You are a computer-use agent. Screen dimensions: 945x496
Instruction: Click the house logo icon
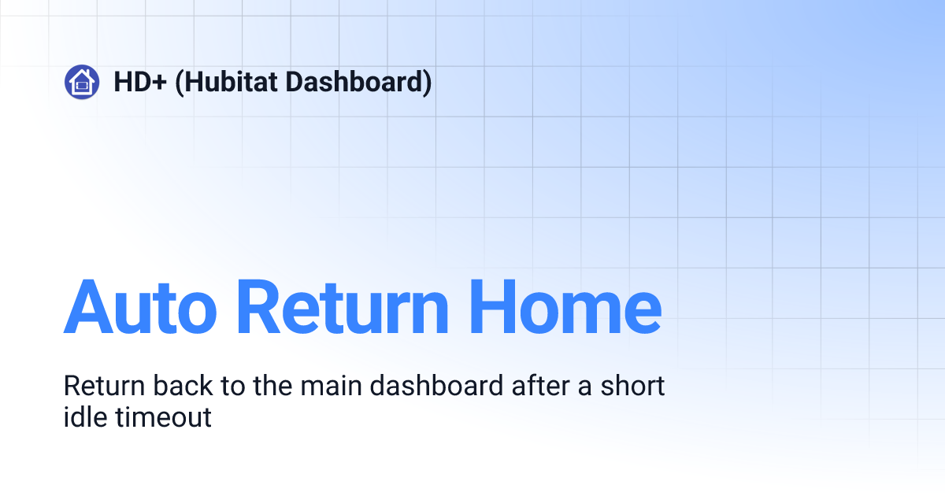[x=82, y=82]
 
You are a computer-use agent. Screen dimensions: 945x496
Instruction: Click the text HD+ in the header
[x=140, y=82]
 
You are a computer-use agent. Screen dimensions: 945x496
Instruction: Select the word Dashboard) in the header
[x=358, y=83]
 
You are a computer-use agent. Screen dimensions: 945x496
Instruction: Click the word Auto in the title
[x=140, y=307]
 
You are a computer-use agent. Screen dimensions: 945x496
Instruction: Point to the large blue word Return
[x=343, y=307]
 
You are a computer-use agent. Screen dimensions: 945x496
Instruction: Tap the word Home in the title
[x=565, y=307]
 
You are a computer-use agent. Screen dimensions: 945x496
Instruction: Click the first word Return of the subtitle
[x=104, y=386]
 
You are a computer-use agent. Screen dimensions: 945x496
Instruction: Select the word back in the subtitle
[x=183, y=385]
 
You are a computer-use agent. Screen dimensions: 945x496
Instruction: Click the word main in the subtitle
[x=332, y=386]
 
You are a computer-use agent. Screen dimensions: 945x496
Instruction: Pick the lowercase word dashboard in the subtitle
[x=436, y=385]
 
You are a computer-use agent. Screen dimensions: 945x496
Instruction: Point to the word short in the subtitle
[x=632, y=385]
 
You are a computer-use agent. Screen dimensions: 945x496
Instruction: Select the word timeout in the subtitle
[x=163, y=417]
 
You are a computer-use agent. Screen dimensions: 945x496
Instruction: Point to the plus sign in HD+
[x=159, y=83]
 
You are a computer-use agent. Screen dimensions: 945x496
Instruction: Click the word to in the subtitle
[x=233, y=387]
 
